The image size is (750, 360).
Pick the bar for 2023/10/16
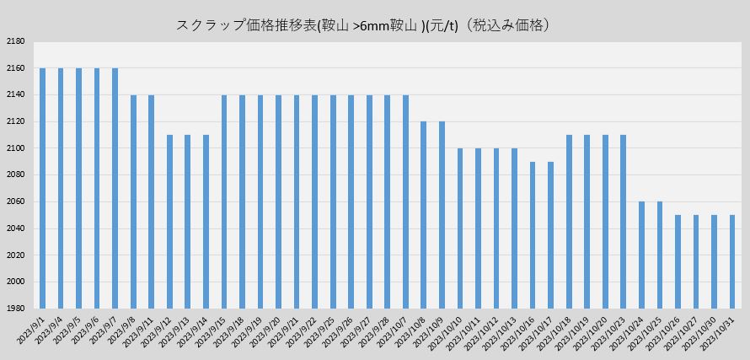(533, 235)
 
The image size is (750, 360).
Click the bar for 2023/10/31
(731, 262)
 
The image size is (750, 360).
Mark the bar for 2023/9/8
(133, 201)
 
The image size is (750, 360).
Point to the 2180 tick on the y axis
(15, 41)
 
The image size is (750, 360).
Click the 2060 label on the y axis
(15, 202)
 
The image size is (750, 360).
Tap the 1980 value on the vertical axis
(15, 309)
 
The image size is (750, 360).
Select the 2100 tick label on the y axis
(15, 148)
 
